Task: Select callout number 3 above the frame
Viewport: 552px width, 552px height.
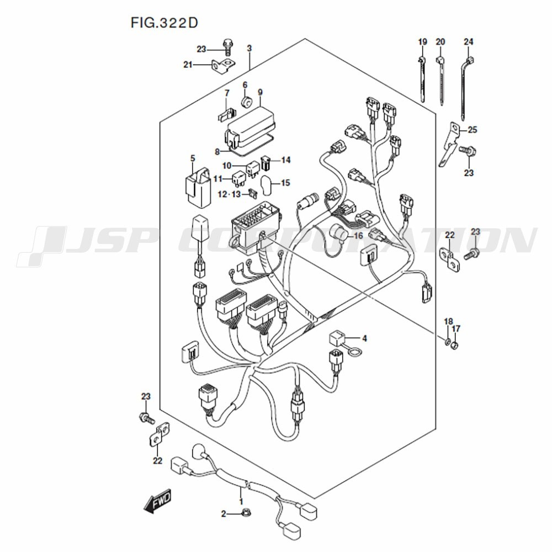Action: tap(249, 49)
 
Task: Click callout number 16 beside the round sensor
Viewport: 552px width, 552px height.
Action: tap(358, 235)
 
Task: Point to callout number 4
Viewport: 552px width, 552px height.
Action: tap(364, 338)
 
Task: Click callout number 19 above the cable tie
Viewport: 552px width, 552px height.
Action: tap(422, 42)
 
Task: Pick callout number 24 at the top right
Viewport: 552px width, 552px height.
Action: tap(468, 42)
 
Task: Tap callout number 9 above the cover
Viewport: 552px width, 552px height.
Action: tap(260, 92)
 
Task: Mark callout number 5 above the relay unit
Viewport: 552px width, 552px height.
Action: tap(192, 158)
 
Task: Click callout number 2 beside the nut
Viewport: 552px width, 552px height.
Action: tap(224, 514)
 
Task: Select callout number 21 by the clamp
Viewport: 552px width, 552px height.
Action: tap(188, 65)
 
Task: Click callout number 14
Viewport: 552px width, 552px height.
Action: tap(285, 160)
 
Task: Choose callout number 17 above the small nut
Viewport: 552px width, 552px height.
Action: tap(455, 329)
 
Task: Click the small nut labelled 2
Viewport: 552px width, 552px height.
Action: tap(245, 514)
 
